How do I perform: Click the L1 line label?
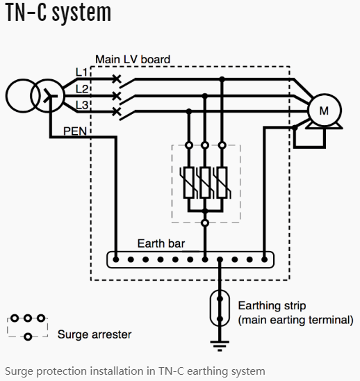(x=81, y=72)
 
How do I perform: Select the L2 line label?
(x=82, y=89)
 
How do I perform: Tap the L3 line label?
(x=82, y=105)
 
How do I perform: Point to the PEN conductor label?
(x=75, y=131)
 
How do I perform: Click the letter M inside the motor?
(x=324, y=111)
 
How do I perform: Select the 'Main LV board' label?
(x=133, y=60)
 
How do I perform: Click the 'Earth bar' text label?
(x=161, y=243)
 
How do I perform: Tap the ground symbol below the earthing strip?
(x=220, y=346)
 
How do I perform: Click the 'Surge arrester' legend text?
(x=95, y=334)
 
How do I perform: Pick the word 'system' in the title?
(x=81, y=13)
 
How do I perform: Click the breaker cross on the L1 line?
(x=117, y=79)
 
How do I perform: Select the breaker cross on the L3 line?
(x=117, y=111)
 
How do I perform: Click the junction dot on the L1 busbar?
(x=222, y=79)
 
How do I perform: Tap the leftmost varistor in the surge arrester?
(x=189, y=182)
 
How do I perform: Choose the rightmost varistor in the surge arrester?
(x=222, y=182)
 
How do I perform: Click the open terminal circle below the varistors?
(x=205, y=222)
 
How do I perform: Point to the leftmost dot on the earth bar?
(x=116, y=259)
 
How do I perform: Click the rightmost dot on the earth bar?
(x=264, y=259)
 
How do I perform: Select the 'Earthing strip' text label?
(x=272, y=306)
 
